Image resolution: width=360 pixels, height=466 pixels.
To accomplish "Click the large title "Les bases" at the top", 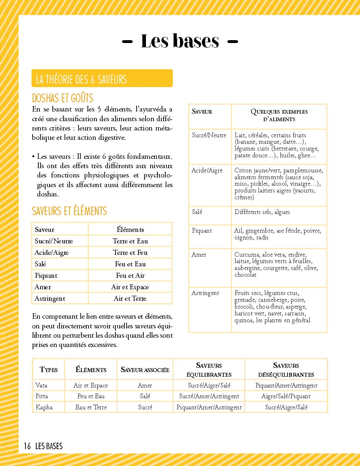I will click(180, 41).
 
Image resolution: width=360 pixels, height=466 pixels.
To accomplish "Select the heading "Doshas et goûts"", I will click(62, 98).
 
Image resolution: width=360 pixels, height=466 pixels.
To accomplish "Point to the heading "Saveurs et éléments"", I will click(69, 211).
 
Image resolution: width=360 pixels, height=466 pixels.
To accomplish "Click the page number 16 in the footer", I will click(27, 446).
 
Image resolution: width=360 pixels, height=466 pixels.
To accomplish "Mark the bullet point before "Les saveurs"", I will click(33, 157).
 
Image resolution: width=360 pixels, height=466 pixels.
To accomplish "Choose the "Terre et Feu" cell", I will click(130, 252).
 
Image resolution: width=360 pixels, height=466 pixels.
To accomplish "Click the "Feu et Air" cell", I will click(130, 275).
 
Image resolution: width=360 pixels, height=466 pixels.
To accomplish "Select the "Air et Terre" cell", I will click(130, 298).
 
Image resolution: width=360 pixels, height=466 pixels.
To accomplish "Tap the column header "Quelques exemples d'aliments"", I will click(279, 115).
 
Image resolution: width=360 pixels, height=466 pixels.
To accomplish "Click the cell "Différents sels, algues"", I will click(262, 212).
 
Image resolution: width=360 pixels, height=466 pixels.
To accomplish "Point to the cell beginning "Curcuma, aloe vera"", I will click(276, 265).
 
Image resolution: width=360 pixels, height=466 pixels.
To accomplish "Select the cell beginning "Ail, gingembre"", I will click(278, 234).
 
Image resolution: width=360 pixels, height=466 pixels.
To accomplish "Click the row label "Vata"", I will click(41, 385).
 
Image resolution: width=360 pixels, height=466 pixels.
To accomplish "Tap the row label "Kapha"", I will click(44, 407).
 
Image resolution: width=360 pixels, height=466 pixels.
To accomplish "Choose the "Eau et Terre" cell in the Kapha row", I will click(91, 407).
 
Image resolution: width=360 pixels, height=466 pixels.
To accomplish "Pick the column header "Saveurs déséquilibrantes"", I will click(286, 370).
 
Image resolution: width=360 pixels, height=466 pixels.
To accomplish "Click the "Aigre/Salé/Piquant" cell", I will click(286, 396).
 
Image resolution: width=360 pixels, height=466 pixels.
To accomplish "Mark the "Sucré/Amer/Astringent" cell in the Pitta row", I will click(209, 396).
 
